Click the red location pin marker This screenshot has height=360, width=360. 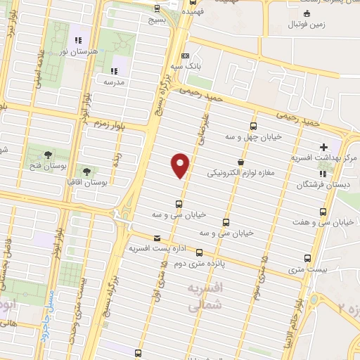(x=181, y=165)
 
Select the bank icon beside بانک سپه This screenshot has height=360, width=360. (x=185, y=56)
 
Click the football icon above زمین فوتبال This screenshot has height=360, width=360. (x=307, y=13)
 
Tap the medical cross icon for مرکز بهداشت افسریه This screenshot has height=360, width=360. (x=323, y=147)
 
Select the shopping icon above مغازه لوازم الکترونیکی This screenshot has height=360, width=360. (x=240, y=161)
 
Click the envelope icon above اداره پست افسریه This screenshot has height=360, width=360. (x=156, y=238)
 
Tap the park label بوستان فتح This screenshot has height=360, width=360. (x=47, y=166)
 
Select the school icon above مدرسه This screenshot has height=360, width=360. (x=113, y=70)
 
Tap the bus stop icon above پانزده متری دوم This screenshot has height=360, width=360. (x=200, y=252)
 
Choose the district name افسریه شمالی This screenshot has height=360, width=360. (x=207, y=295)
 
